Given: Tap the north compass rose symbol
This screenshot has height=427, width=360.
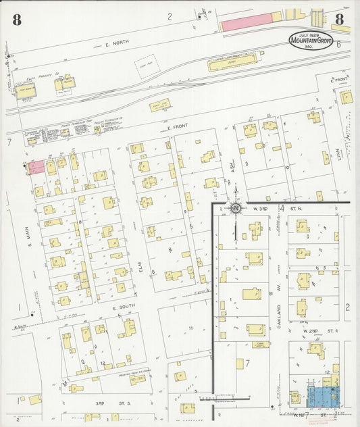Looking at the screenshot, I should [236, 208].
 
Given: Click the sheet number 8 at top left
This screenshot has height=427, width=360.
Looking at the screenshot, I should [16, 20].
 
